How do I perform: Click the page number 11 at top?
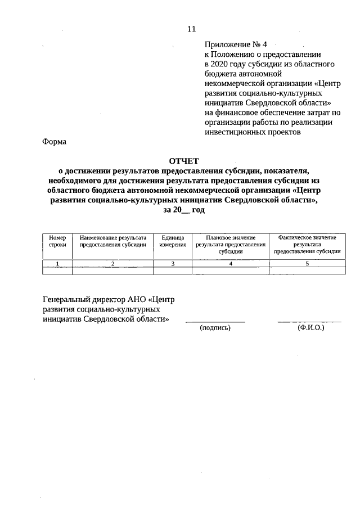[191, 28]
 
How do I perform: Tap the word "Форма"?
[55, 142]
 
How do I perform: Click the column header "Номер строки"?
[57, 241]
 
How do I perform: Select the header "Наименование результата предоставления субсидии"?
[113, 241]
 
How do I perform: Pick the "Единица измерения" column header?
[173, 241]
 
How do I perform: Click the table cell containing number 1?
[57, 263]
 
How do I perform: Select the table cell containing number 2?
[113, 263]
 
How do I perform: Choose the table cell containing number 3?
[173, 263]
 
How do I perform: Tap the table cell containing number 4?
[231, 263]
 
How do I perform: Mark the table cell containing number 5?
[307, 263]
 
